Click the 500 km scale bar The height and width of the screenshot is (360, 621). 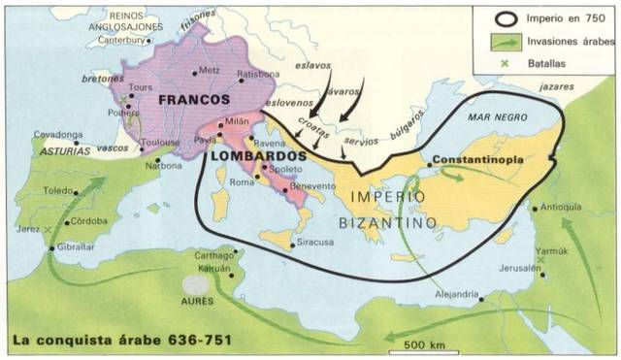click(423, 344)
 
